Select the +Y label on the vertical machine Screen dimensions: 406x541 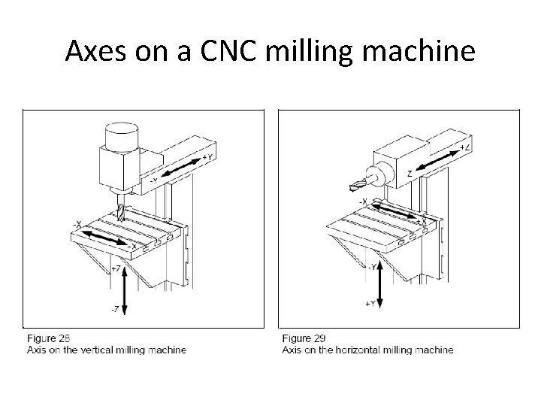click(x=208, y=158)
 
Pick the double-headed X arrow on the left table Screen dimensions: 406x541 click(x=105, y=238)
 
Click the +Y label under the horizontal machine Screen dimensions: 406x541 click(x=370, y=303)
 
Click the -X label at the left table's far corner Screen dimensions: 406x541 click(x=77, y=224)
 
